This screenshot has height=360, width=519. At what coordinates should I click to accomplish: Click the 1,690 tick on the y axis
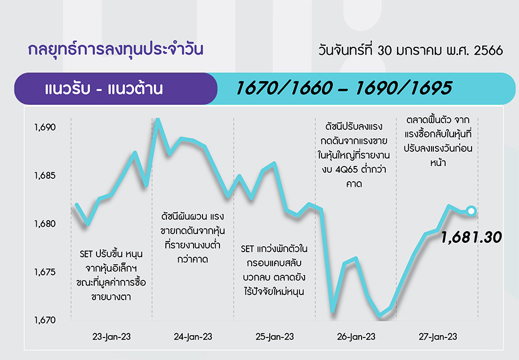[x=45, y=127]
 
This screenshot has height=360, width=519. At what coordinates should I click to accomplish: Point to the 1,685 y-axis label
[x=45, y=175]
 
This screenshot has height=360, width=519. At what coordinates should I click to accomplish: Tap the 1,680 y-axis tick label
[x=45, y=224]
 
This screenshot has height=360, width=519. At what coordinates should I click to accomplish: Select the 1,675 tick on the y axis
[x=45, y=272]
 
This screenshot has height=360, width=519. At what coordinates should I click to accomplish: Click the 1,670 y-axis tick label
[x=45, y=321]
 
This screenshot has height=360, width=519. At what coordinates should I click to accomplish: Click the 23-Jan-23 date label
[x=112, y=337]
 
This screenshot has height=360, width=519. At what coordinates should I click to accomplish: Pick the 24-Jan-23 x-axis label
[x=193, y=337]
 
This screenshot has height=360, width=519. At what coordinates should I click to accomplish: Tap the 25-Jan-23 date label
[x=275, y=337]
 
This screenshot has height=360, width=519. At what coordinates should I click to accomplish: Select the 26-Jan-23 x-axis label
[x=356, y=337]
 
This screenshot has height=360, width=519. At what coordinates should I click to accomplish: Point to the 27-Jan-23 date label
[x=438, y=337]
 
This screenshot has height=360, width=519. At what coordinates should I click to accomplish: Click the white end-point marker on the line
[x=472, y=210]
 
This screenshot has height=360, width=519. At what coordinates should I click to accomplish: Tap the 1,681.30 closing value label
[x=472, y=238]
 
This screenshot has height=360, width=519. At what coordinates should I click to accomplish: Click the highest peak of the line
[x=158, y=119]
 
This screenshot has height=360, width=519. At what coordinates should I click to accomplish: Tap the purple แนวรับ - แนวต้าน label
[x=104, y=89]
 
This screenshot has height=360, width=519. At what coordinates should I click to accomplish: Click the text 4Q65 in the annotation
[x=346, y=170]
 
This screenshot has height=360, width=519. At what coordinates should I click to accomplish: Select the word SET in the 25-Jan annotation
[x=247, y=249]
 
